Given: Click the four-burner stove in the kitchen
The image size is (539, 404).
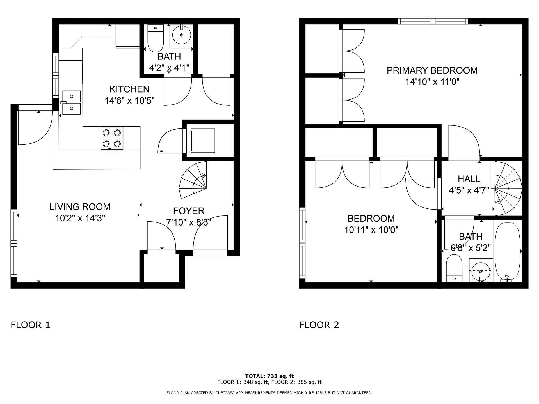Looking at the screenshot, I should pos(112,138).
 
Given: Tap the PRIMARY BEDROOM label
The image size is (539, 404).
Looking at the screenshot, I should pos(432,70).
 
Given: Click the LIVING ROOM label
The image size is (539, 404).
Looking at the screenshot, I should pos(80,207).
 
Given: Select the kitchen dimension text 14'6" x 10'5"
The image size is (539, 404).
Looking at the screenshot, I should pos(129,100).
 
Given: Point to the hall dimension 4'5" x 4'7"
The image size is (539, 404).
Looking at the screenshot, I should pos(469,190).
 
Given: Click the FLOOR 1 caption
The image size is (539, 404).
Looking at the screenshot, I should pos(30,325).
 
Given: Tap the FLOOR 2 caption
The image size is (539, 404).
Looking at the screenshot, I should pos(319,325).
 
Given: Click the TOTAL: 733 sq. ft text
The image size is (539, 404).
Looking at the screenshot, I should pos(269,376).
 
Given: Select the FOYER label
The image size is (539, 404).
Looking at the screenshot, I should pos(188,211).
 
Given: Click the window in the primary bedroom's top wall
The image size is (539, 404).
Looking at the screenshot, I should pos(433,21).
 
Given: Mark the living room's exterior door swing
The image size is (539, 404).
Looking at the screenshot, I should pos(35,128).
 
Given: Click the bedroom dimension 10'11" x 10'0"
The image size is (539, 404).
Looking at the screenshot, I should pos(371,230).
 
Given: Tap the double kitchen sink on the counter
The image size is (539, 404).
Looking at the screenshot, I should pos(71,102).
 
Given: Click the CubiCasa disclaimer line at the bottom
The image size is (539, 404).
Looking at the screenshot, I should pos(269,393).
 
